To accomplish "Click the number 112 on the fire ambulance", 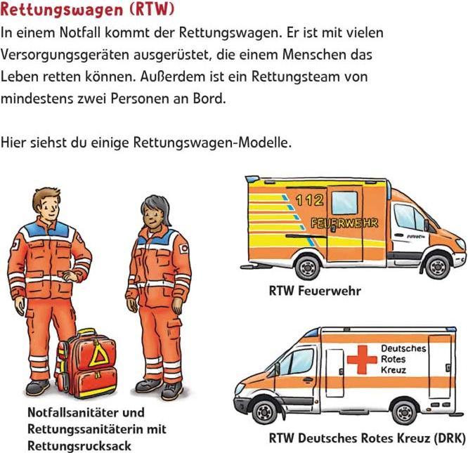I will coord(309,200).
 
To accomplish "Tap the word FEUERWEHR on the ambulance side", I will coord(344,223).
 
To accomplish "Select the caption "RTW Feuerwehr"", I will coord(315,291).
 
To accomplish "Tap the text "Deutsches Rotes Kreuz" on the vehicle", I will coord(403,359).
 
